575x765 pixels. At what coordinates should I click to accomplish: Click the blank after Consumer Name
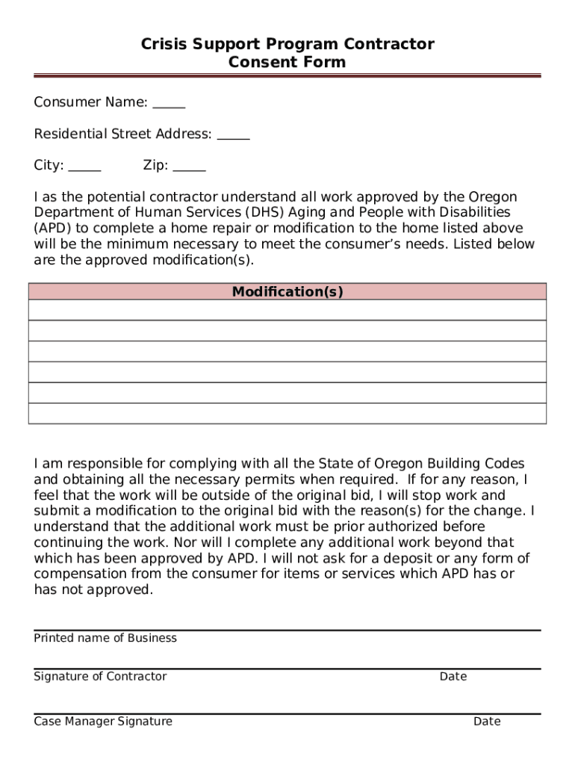pos(169,105)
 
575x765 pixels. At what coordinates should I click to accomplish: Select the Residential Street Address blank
pos(233,137)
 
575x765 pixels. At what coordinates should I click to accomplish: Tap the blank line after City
pos(84,168)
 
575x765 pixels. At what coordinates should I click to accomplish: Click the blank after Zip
pos(189,168)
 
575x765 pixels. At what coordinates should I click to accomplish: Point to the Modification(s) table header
pos(287,292)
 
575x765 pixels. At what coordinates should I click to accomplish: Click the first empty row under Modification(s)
pos(287,310)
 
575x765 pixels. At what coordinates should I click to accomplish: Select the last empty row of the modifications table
pos(287,413)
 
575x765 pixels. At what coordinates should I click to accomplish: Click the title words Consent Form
pos(287,62)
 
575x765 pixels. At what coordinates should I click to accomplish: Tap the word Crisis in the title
pos(164,45)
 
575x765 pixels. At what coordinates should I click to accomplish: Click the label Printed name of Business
pos(105,638)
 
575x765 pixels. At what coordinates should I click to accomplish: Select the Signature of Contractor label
pos(100,676)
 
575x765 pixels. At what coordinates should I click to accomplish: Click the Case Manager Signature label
pos(103,721)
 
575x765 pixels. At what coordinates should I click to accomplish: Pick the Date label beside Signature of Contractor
pos(453,676)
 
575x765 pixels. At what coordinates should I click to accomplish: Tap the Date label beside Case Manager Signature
pos(486,721)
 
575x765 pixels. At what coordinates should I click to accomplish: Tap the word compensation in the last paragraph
pos(80,574)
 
